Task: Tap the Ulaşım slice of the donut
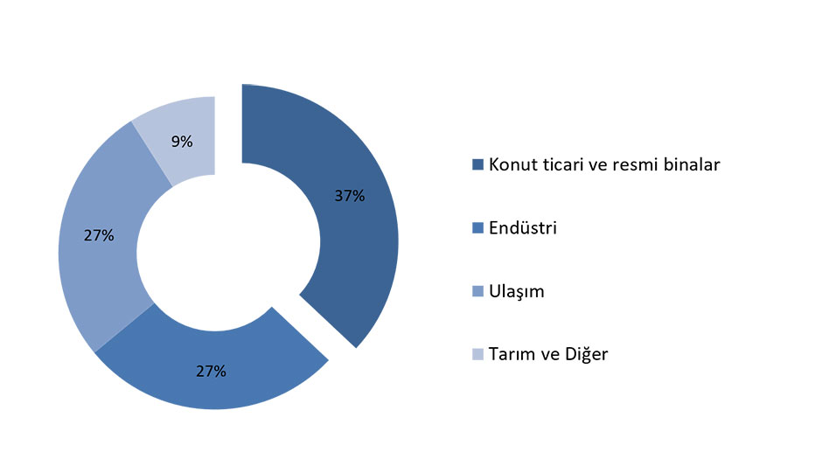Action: [100, 236]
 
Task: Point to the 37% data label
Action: [350, 196]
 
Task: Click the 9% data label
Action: [182, 142]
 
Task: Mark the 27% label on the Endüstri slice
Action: [212, 372]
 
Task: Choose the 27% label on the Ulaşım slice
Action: [99, 235]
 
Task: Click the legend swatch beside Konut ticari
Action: [477, 164]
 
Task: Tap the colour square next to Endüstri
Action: [477, 228]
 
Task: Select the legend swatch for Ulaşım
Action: [477, 291]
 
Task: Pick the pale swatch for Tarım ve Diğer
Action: [477, 354]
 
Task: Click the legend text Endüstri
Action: [523, 227]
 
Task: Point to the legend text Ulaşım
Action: [516, 291]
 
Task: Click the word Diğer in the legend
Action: [586, 354]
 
